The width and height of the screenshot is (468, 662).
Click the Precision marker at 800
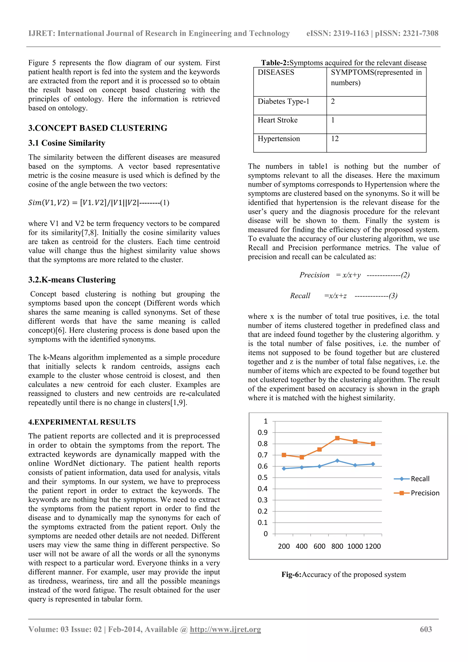pyautogui.click(x=337, y=438)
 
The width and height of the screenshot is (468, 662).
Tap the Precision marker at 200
pyautogui.click(x=284, y=455)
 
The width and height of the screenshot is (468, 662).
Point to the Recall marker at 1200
pyautogui.click(x=373, y=464)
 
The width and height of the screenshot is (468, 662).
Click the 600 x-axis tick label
pyautogui.click(x=319, y=546)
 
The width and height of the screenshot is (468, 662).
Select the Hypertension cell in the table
pyautogui.click(x=279, y=139)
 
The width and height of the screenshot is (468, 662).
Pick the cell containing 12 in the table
pyautogui.click(x=335, y=139)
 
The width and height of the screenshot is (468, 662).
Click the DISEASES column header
pyautogui.click(x=276, y=72)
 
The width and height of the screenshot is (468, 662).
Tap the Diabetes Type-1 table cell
pyautogui.click(x=283, y=101)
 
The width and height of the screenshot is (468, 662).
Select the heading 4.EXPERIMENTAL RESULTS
pyautogui.click(x=82, y=422)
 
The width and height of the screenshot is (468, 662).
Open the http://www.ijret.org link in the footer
pyautogui.click(x=225, y=629)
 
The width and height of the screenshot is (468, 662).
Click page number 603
pyautogui.click(x=426, y=629)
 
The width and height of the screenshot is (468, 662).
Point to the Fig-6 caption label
pyautogui.click(x=291, y=574)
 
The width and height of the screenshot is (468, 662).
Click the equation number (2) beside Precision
pyautogui.click(x=405, y=275)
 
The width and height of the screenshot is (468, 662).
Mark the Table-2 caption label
pyautogui.click(x=275, y=63)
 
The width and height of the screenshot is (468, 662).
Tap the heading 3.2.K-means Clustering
pyautogui.click(x=72, y=280)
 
